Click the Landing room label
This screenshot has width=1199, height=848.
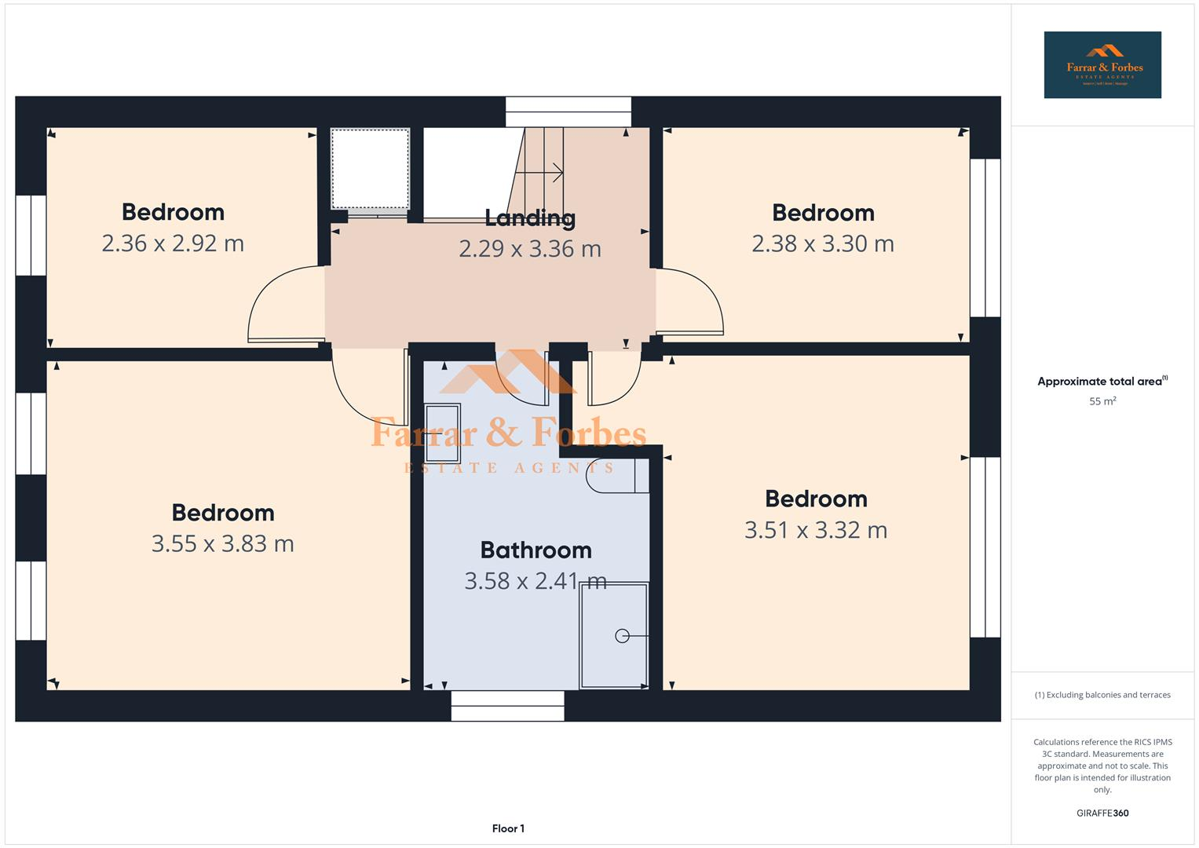(x=529, y=217)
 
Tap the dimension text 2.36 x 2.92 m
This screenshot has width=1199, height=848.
(x=173, y=243)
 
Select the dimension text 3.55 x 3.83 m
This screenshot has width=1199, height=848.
(x=222, y=543)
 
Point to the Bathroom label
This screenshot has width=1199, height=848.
(x=536, y=550)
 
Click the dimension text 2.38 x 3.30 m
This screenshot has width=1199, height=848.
(x=822, y=244)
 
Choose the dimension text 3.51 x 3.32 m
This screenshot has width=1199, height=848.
(x=815, y=530)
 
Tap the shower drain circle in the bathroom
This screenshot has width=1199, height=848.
(x=622, y=636)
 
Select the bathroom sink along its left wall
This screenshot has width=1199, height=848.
(x=442, y=433)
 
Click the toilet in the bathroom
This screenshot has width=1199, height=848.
(x=616, y=476)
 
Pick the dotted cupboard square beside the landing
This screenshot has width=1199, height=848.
(x=370, y=169)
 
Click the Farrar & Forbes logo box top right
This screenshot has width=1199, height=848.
(x=1102, y=65)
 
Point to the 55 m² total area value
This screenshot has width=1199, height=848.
(x=1102, y=401)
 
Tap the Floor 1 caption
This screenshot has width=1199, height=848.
(x=508, y=828)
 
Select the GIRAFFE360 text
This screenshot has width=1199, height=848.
(x=1102, y=813)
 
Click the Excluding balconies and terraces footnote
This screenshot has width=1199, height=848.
(x=1102, y=695)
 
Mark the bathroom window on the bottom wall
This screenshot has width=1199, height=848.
(x=507, y=706)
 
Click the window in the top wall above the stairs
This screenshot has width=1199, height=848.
(x=568, y=111)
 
